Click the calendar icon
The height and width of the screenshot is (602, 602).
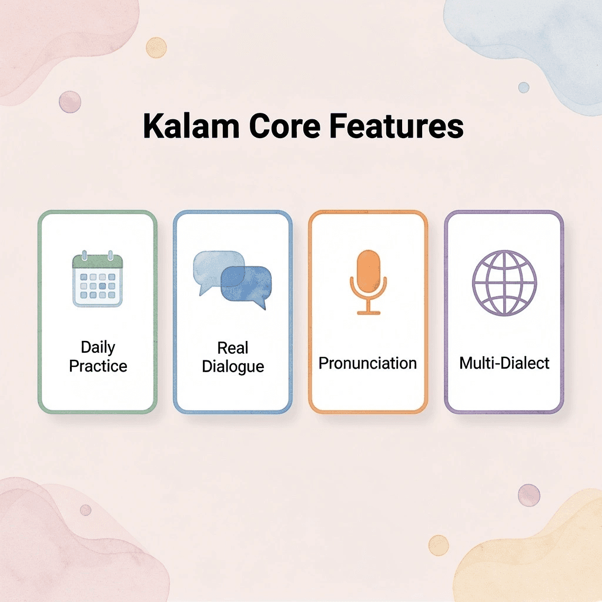pyautogui.click(x=98, y=280)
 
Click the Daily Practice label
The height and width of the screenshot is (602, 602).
pyautogui.click(x=98, y=357)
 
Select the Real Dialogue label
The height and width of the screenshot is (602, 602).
pyautogui.click(x=233, y=357)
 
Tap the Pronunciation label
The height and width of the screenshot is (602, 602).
pyautogui.click(x=368, y=363)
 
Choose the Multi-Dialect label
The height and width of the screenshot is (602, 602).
pyautogui.click(x=504, y=363)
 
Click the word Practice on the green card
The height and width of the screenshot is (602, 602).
pyautogui.click(x=98, y=366)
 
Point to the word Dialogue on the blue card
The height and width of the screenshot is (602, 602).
pyautogui.click(x=233, y=366)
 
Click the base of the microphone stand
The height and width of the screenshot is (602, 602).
pyautogui.click(x=369, y=312)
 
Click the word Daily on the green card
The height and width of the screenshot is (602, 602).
pyautogui.click(x=98, y=347)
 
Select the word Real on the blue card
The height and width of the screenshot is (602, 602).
pyautogui.click(x=233, y=347)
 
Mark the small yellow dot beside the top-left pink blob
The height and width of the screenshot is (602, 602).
pyautogui.click(x=156, y=47)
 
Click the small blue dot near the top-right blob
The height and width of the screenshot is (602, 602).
pyautogui.click(x=523, y=87)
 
